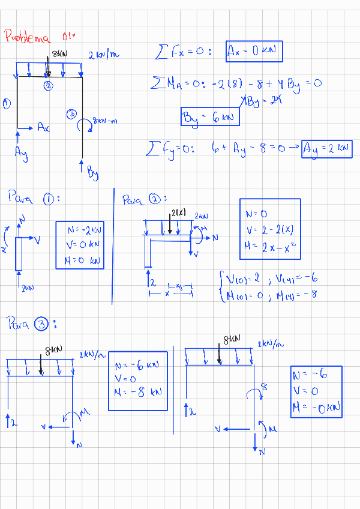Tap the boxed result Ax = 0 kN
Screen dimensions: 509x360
click(254, 52)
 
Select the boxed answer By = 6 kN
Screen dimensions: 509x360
click(210, 117)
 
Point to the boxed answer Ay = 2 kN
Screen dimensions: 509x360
click(327, 148)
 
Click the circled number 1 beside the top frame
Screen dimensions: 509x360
click(7, 104)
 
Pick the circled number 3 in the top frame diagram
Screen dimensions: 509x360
click(72, 113)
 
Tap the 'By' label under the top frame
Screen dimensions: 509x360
click(92, 175)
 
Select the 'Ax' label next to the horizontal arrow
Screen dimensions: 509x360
click(43, 127)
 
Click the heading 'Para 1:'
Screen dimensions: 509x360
click(34, 198)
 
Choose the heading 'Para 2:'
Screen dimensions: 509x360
click(144, 199)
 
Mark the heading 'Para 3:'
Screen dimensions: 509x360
click(32, 325)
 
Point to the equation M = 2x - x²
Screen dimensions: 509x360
click(269, 246)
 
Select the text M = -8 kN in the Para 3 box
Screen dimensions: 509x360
click(138, 392)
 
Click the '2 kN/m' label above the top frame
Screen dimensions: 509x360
click(104, 55)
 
